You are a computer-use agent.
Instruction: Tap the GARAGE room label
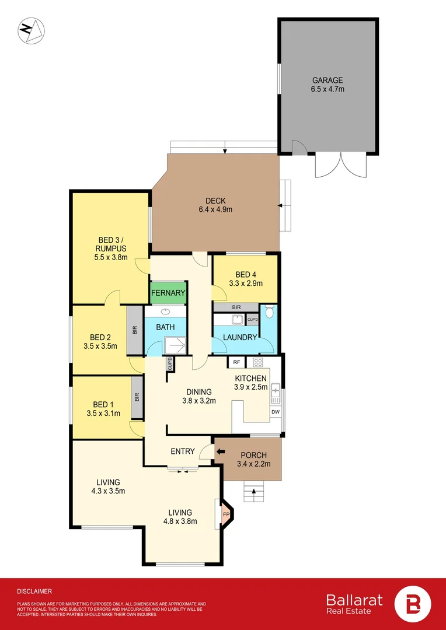(327, 85)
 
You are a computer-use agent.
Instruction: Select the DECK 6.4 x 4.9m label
(215, 205)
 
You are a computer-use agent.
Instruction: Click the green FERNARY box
(168, 293)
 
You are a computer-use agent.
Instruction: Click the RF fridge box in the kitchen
(236, 362)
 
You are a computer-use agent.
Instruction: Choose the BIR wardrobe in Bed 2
(135, 330)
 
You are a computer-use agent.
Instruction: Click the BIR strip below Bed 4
(235, 307)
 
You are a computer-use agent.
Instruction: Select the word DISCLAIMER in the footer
(34, 591)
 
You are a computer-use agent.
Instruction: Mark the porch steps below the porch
(254, 492)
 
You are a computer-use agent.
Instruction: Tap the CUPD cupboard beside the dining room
(170, 364)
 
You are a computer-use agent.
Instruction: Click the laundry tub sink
(237, 320)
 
